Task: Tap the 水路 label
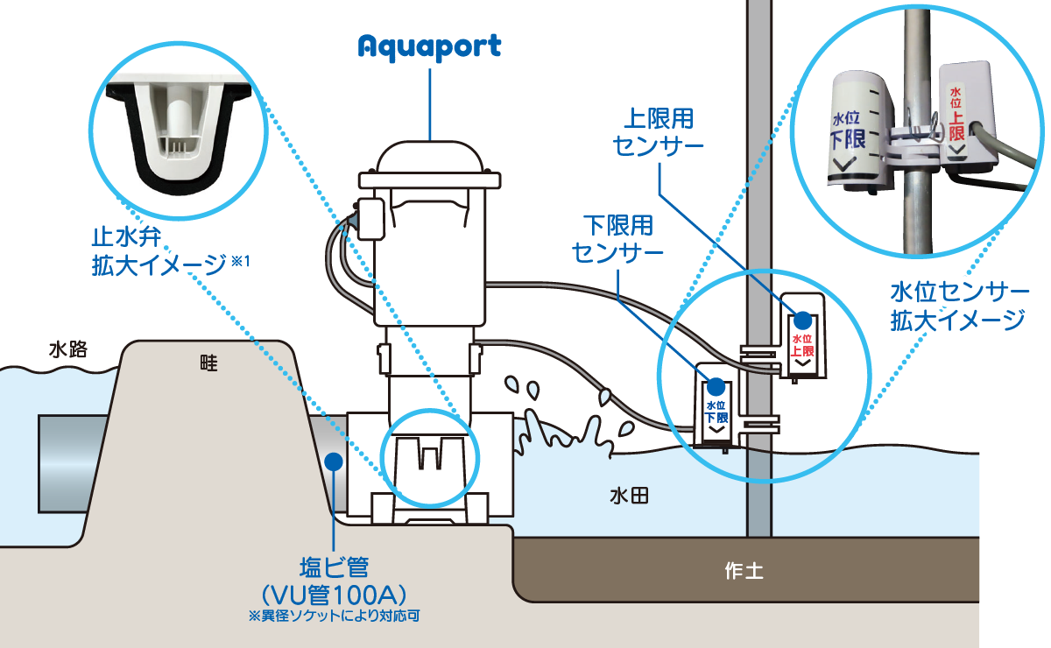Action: (x=71, y=351)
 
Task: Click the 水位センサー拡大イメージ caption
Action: (x=959, y=305)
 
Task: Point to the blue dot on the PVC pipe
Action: (x=334, y=461)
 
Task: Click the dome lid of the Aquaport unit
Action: (x=429, y=158)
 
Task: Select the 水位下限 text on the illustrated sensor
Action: (x=716, y=412)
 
